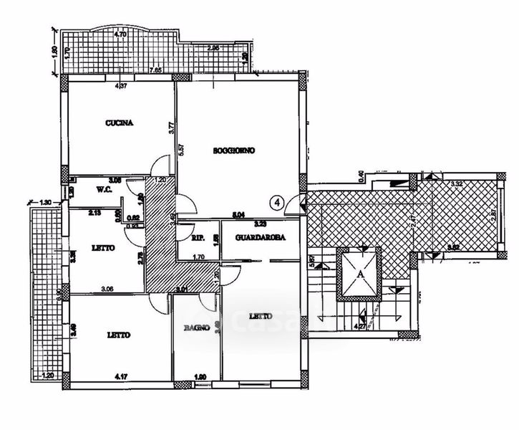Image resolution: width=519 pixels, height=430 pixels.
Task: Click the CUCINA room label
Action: [x=120, y=123]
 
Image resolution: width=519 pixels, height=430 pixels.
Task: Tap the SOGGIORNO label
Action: [x=234, y=150]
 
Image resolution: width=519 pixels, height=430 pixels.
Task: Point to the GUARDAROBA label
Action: [x=251, y=239]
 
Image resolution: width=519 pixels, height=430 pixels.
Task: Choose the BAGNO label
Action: [x=195, y=328]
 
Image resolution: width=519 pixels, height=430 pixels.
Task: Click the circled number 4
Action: [x=278, y=203]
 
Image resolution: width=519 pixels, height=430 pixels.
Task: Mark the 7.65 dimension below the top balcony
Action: [x=155, y=70]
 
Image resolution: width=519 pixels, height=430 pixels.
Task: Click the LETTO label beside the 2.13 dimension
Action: [x=103, y=248]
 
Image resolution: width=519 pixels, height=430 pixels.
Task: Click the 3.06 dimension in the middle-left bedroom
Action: [x=107, y=288]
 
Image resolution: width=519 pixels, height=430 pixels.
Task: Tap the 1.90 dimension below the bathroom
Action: [x=201, y=375]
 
